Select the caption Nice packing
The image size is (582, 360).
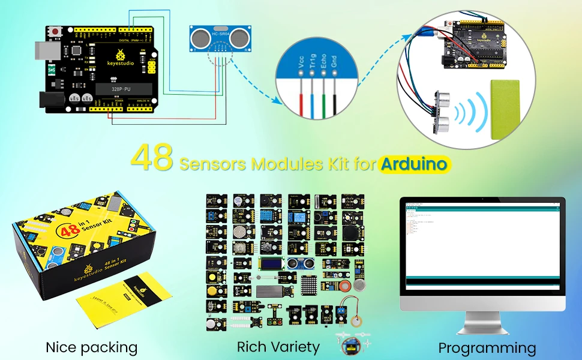[x=91, y=347]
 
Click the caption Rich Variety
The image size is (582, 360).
[x=278, y=346]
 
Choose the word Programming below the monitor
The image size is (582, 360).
[x=487, y=347]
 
